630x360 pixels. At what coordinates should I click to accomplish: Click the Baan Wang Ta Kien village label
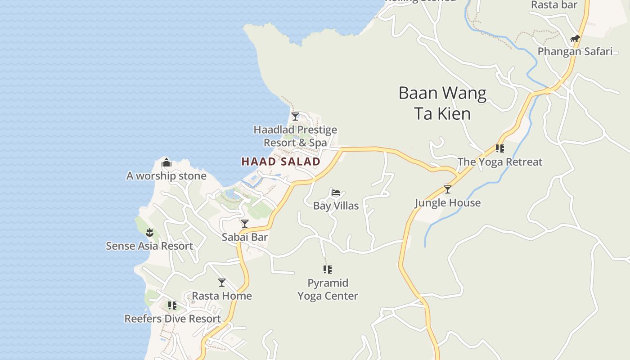442,103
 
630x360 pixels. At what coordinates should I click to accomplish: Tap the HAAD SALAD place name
281,162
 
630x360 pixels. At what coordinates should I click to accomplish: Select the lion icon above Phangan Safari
575,39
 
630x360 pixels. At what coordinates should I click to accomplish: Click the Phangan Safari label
575,51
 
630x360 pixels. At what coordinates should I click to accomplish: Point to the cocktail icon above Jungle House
447,189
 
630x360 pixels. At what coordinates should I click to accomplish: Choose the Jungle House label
447,203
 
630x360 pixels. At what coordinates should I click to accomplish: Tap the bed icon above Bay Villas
336,193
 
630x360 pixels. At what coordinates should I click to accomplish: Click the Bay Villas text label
336,206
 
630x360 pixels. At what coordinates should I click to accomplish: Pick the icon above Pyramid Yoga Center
328,270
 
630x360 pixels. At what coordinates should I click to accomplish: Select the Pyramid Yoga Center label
328,289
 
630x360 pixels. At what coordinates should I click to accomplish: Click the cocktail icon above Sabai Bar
245,224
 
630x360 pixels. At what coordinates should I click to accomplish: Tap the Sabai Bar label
245,237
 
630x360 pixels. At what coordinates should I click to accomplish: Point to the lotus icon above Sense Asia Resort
149,233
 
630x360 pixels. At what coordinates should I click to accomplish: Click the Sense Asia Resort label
149,246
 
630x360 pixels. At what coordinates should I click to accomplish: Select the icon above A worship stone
166,162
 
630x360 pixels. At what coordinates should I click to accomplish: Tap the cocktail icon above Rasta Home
222,283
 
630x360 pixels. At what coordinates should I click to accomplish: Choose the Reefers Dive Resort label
173,319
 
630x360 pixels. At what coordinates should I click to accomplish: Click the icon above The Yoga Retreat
499,148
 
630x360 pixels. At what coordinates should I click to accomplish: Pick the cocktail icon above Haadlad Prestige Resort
295,117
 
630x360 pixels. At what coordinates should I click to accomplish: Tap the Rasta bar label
554,5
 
